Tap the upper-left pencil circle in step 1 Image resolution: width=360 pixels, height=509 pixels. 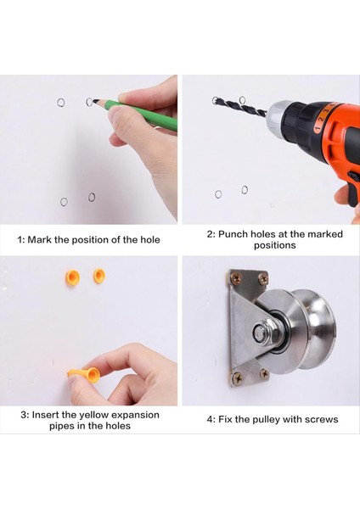61,99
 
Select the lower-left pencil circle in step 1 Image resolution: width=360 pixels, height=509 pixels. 61,202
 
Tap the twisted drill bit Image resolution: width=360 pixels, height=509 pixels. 239,105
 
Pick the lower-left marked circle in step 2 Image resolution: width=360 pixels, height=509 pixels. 218,194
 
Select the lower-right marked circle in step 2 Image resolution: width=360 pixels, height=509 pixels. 245,189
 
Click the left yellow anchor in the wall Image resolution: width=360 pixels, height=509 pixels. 73,277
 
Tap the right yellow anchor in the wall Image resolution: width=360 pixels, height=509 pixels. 99,276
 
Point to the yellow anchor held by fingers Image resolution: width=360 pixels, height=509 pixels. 85,374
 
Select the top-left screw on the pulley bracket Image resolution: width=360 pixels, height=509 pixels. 236,277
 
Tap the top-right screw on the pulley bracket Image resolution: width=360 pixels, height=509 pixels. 263,278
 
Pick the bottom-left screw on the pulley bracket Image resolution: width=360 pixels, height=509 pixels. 238,378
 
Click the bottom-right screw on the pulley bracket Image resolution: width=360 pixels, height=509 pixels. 264,374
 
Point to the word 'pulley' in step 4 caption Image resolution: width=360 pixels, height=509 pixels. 264,419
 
